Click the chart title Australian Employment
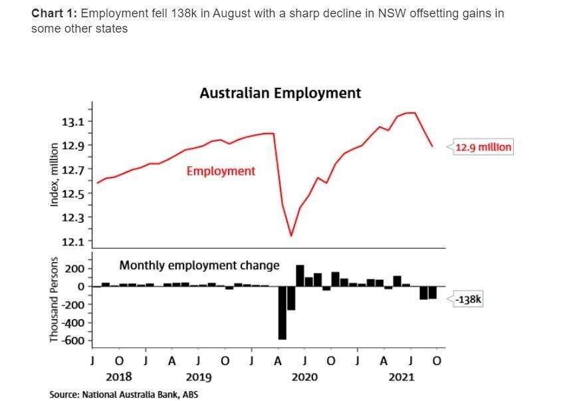point(280,93)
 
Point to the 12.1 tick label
point(74,241)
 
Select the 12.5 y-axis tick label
point(74,194)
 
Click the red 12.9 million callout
point(483,146)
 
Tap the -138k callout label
point(468,300)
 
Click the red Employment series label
point(221,172)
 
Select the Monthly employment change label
point(199,265)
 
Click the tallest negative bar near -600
point(282,313)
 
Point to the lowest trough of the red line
point(291,235)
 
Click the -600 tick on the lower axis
point(73,341)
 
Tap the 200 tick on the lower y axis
point(74,269)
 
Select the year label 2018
point(119,377)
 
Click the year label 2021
point(400,377)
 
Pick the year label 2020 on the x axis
point(304,377)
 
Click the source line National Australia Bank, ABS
point(123,394)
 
